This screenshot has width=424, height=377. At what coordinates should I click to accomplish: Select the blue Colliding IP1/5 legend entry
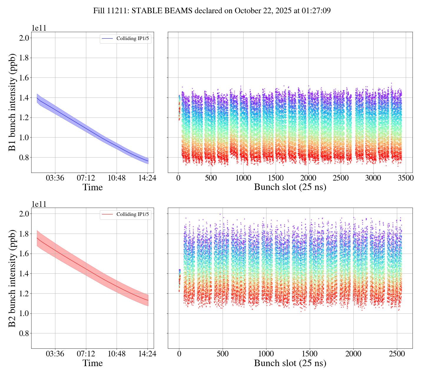[126, 39]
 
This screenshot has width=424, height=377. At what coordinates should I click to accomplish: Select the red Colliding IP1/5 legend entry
[126, 214]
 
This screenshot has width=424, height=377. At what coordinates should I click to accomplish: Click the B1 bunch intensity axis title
[12, 102]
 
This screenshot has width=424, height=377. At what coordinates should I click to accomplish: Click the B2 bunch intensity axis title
[12, 278]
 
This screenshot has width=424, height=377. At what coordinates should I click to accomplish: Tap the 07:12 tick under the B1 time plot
[86, 178]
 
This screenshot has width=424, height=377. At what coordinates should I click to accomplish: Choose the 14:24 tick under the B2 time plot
[148, 354]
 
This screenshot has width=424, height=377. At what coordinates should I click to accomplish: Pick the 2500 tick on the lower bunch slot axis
[397, 354]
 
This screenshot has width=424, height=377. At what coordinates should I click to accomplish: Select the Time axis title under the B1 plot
[92, 187]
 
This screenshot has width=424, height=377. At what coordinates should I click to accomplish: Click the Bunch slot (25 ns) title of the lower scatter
[290, 363]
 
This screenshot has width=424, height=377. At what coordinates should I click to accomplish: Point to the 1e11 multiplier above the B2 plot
[39, 204]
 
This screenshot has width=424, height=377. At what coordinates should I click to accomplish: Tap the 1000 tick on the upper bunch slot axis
[243, 178]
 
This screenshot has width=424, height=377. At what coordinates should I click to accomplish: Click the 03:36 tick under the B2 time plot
[55, 354]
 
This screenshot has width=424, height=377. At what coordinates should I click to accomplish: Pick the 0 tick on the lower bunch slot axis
[179, 354]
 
